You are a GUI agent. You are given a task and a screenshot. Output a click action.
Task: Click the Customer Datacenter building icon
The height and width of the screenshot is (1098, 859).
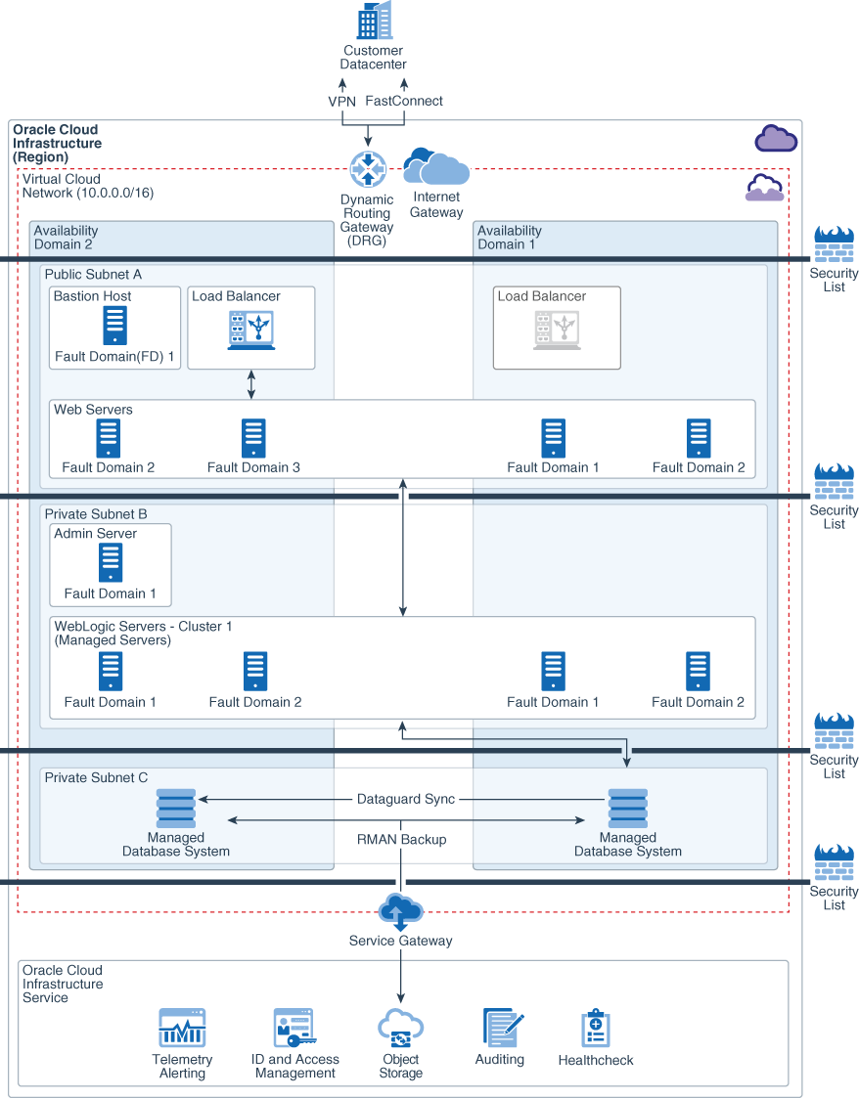pyautogui.click(x=374, y=21)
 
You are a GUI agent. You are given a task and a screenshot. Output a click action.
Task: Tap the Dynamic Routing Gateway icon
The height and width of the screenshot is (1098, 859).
pyautogui.click(x=368, y=170)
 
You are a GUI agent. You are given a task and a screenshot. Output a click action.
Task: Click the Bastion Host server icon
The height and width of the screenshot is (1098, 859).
pyautogui.click(x=115, y=326)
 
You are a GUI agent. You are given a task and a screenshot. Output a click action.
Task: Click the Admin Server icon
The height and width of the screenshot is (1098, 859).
pyautogui.click(x=111, y=563)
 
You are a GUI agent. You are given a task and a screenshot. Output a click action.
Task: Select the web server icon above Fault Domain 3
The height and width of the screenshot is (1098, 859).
pyautogui.click(x=253, y=439)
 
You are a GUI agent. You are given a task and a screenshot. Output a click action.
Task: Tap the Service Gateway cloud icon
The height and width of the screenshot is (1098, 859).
pyautogui.click(x=400, y=911)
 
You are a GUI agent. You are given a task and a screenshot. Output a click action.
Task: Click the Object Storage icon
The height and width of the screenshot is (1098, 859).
pyautogui.click(x=400, y=1029)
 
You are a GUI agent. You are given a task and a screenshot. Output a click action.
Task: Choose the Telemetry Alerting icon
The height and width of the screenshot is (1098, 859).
pyautogui.click(x=182, y=1029)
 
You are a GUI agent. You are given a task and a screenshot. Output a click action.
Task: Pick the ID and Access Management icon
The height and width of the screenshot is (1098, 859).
pyautogui.click(x=294, y=1029)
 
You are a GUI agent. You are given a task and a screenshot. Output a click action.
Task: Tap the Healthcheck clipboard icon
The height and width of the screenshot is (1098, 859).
pyautogui.click(x=596, y=1029)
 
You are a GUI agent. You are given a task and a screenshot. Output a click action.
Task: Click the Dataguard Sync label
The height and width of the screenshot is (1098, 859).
pyautogui.click(x=406, y=799)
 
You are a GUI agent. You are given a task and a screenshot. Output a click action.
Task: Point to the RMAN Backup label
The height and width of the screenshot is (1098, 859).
pyautogui.click(x=401, y=839)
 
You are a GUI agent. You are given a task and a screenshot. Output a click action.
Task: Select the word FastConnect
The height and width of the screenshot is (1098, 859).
pyautogui.click(x=404, y=101)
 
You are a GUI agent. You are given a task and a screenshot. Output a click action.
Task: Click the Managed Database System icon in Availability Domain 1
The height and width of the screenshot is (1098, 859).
pyautogui.click(x=627, y=809)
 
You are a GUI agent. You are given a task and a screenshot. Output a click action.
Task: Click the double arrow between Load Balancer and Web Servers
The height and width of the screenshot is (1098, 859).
pyautogui.click(x=251, y=384)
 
